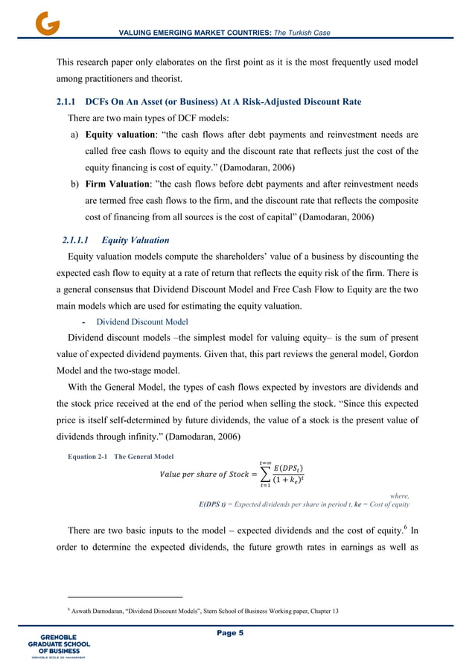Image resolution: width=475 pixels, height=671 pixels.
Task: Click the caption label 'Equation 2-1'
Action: tap(82, 456)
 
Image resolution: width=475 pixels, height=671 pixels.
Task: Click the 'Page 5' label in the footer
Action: tap(238, 633)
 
